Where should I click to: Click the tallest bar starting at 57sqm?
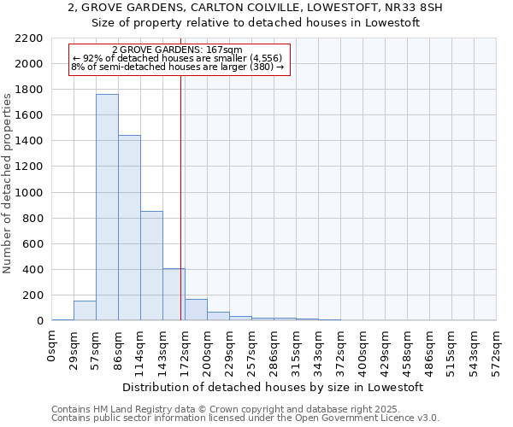point(107,208)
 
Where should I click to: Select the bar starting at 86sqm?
point(129,228)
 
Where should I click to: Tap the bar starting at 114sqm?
point(151,266)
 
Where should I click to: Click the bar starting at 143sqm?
point(174,295)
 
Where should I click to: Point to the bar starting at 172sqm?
point(196,310)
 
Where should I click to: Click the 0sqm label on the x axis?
point(52,348)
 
